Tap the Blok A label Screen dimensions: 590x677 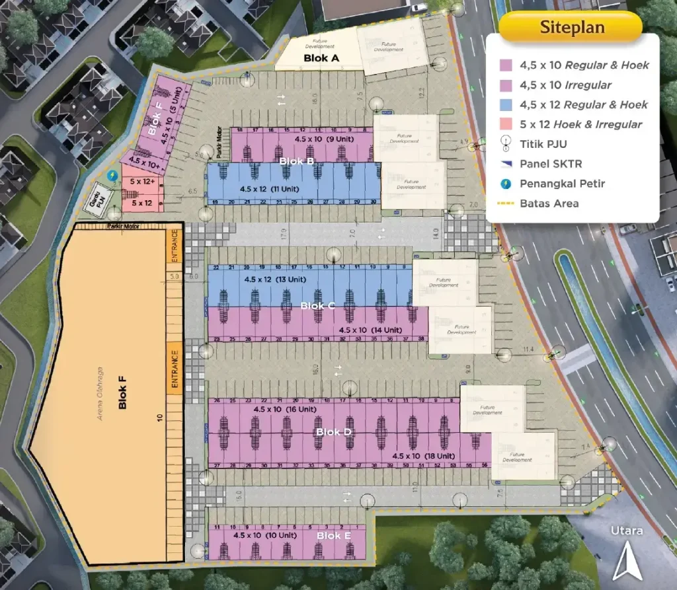pos(321,58)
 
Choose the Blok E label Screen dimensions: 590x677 pos(334,536)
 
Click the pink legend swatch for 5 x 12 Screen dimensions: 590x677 pos(507,124)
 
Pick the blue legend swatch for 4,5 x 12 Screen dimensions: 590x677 pos(507,104)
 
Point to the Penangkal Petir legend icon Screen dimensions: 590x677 pos(507,183)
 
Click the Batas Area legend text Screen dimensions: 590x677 pos(549,203)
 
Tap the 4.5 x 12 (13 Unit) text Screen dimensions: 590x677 pos(275,280)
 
